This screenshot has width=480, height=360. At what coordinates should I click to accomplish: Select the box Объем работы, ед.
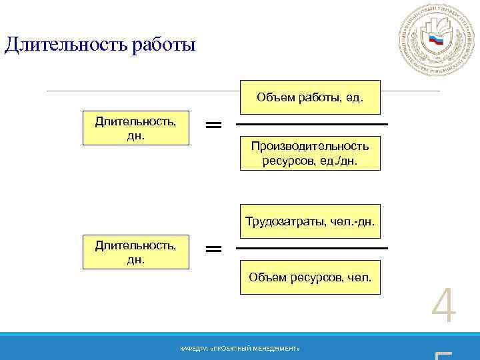click(x=310, y=97)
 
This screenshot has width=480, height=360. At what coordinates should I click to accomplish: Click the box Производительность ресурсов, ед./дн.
click(x=310, y=153)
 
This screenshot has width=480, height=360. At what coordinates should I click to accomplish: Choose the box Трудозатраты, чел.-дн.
click(x=310, y=221)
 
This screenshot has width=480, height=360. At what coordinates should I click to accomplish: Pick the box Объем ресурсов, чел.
click(x=310, y=277)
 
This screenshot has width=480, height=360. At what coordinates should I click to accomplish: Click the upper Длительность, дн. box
click(x=136, y=127)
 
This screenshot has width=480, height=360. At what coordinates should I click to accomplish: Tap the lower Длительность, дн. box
click(x=136, y=251)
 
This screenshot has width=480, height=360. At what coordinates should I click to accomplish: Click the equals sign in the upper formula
click(x=213, y=125)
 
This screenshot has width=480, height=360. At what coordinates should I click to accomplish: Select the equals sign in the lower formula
click(x=213, y=249)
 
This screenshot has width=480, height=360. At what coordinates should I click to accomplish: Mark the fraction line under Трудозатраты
click(x=312, y=248)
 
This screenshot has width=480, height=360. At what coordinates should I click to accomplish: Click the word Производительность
click(x=310, y=147)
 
